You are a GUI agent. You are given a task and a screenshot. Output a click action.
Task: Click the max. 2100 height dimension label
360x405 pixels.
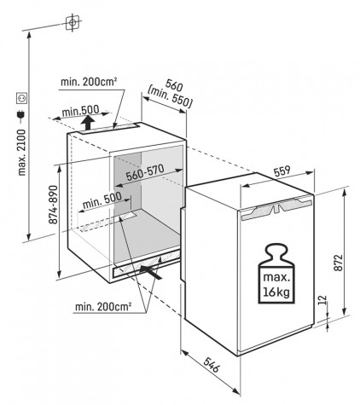pos(21,152)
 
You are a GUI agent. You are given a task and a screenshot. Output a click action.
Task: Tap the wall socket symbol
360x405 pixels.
pos(21,98)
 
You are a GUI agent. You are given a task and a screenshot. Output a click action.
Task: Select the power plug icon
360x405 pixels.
pos(21,115)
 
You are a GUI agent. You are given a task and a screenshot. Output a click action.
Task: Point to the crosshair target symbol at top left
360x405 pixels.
pos(73,22)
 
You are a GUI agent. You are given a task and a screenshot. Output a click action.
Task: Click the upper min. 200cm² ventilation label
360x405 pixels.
pos(89,82)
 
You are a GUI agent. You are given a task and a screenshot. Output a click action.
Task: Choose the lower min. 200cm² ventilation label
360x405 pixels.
pos(103,306)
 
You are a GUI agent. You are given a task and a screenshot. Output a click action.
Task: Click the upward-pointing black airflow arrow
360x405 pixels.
pos(89,122)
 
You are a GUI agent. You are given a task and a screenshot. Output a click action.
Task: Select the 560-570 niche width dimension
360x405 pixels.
pos(145,172)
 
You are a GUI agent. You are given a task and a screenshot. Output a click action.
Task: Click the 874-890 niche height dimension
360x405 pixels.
pos(53,205)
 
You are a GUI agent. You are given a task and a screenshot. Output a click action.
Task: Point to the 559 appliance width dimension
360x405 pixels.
pos(282,171)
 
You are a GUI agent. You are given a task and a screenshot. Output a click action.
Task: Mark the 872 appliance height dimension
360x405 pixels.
pos(339,263)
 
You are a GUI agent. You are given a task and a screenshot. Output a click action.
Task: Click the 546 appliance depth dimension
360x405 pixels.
pos(212,365)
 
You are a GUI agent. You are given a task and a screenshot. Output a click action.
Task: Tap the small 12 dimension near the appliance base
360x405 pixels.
pos(323,300)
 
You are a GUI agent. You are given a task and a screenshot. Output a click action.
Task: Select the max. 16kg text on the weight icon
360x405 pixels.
pos(276,284)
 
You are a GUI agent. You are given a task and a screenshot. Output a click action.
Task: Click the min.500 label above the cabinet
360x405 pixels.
pos(81,110)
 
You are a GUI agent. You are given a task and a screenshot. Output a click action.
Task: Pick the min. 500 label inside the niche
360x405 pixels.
pos(102,200)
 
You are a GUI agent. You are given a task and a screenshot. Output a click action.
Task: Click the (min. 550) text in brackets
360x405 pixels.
pos(170,97)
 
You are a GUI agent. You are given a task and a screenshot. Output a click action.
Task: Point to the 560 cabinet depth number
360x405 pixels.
pos(174,85)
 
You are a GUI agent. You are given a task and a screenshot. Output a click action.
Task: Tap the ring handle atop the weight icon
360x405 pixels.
pos(276,249)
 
